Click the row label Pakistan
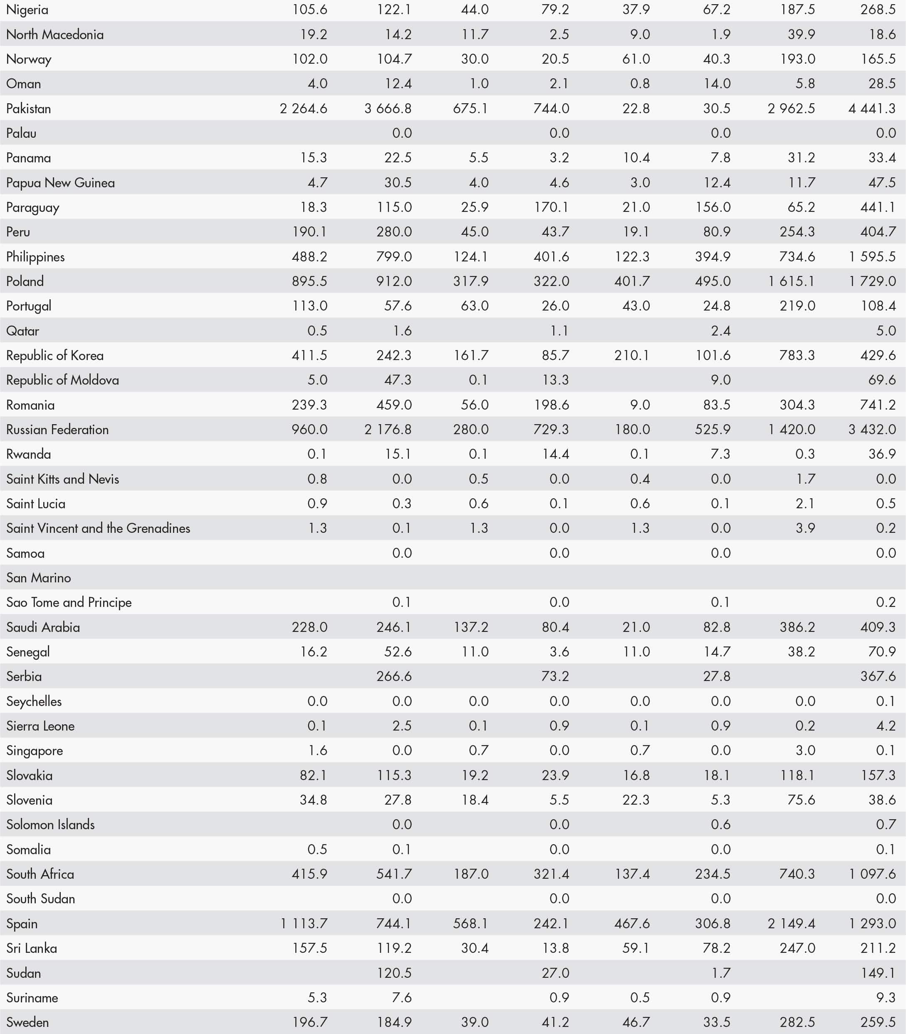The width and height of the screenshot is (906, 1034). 28,109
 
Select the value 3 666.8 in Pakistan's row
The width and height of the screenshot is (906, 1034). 388,109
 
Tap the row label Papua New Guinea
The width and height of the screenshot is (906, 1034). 60,183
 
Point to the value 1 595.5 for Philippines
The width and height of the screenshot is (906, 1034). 872,256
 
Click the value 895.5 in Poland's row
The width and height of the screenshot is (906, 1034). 309,281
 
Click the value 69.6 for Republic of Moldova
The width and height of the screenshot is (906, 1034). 882,380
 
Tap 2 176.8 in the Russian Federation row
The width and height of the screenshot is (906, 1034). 388,430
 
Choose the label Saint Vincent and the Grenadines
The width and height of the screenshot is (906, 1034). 98,528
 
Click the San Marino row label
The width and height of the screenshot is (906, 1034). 38,578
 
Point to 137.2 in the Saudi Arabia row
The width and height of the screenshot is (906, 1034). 471,627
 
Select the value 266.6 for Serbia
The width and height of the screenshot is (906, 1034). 394,676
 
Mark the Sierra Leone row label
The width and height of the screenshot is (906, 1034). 40,726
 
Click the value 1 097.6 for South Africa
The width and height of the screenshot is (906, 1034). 872,874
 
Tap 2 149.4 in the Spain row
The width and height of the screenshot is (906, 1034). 791,923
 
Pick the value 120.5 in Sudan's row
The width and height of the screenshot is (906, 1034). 394,973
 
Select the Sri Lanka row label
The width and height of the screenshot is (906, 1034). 31,948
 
